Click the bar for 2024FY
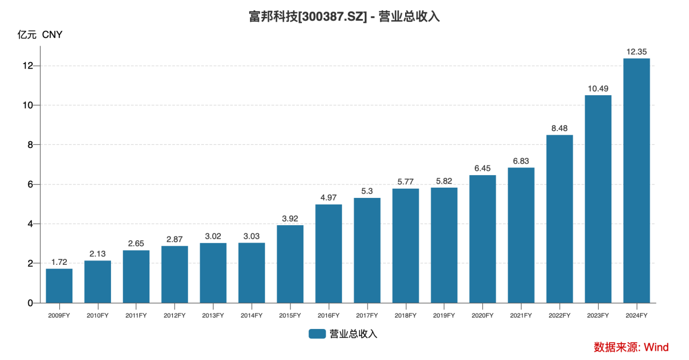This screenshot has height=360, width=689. point(636,181)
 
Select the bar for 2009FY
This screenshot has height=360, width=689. point(59,285)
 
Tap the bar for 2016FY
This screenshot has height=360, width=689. point(328,253)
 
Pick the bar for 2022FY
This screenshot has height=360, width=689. point(560,219)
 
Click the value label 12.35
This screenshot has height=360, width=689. point(636,52)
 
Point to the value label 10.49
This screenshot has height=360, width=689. point(598,89)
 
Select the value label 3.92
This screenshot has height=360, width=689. point(290,219)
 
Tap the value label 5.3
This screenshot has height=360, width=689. point(367,191)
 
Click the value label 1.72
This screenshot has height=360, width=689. point(59,262)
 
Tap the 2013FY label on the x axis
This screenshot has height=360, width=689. point(213,315)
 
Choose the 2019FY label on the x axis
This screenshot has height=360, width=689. point(444,315)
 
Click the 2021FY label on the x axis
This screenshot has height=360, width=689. point(521,315)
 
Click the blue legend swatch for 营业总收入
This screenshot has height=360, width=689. point(317,334)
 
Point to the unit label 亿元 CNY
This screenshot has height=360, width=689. point(40,35)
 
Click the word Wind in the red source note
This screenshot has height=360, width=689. point(656,347)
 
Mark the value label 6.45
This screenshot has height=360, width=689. point(482,169)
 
